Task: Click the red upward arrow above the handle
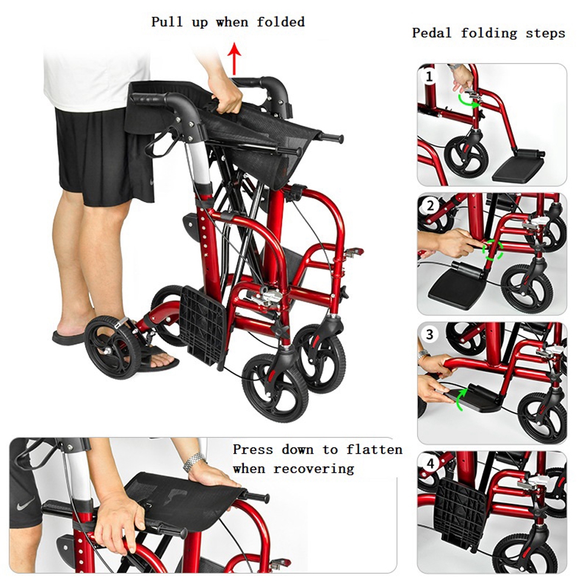[x=235, y=59]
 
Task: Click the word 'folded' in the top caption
[x=280, y=22]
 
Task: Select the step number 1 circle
[x=429, y=77]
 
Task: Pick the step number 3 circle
[x=430, y=334]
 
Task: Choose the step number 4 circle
[x=431, y=464]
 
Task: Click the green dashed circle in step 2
[x=493, y=249]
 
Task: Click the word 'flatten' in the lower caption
[x=374, y=449]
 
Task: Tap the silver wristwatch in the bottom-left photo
[x=194, y=462]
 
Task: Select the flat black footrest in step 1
[x=519, y=166]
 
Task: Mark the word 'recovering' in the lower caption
[x=314, y=469]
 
